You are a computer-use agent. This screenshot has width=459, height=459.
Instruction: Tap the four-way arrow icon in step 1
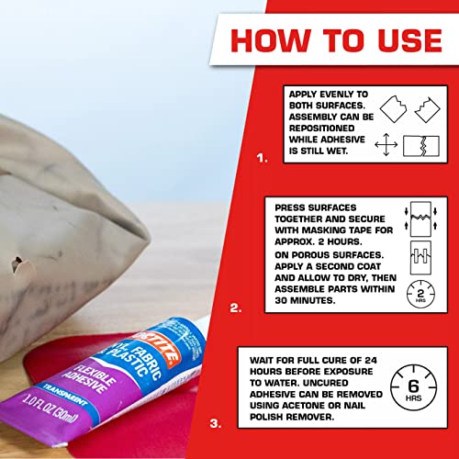pos(387,145)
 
